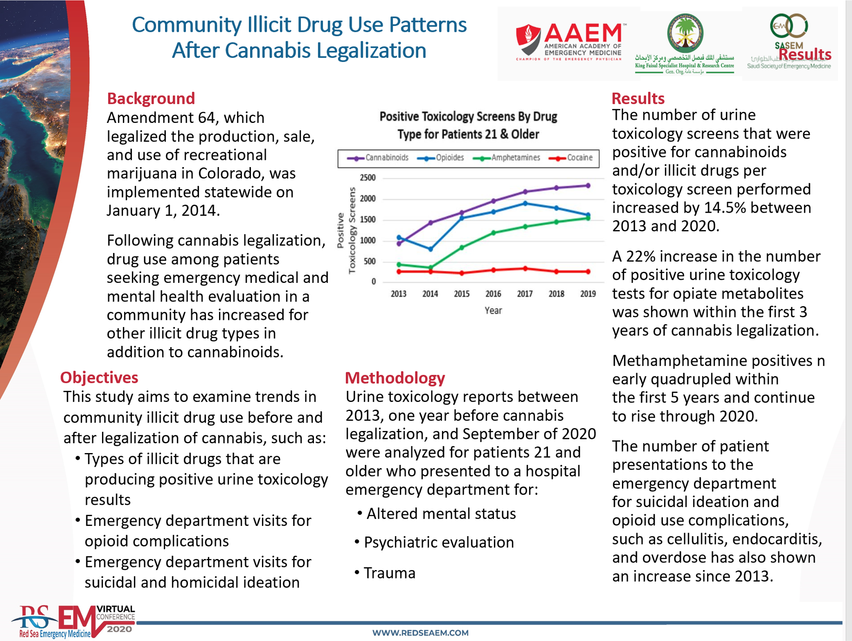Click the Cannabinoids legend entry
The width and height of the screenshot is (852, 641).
(377, 158)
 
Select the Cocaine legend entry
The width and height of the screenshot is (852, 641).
(571, 158)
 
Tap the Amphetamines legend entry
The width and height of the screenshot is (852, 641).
(506, 158)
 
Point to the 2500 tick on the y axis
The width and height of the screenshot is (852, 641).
(368, 178)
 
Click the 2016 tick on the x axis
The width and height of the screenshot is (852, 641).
(493, 294)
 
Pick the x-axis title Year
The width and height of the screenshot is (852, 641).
(493, 310)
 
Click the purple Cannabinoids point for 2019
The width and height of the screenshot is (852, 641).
(588, 186)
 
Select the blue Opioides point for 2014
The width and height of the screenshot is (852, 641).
(431, 249)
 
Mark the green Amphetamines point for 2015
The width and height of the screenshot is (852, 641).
(462, 247)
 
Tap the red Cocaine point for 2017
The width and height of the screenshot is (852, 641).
(525, 269)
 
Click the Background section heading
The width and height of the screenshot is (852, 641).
(151, 98)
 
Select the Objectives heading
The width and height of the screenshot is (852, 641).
(99, 377)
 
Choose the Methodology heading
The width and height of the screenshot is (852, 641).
(395, 378)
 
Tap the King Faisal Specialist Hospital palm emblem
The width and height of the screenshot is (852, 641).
(685, 33)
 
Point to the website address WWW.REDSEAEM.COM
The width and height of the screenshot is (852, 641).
(420, 633)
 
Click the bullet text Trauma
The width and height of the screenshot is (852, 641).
(389, 573)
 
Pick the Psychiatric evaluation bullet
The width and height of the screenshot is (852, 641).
(439, 543)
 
